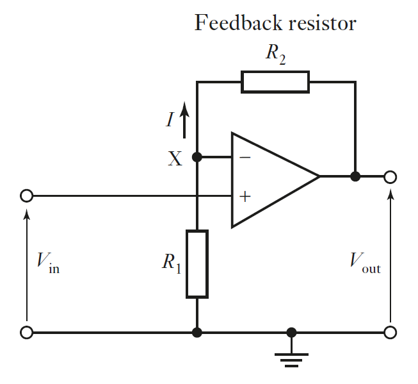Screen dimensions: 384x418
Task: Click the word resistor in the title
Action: click(x=324, y=24)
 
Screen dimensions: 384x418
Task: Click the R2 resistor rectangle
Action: click(x=275, y=82)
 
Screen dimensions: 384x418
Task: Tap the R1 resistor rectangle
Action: click(x=197, y=264)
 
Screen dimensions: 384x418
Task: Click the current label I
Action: click(x=170, y=120)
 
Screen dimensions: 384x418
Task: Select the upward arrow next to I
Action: click(x=184, y=121)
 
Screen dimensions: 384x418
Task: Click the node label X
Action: click(x=174, y=159)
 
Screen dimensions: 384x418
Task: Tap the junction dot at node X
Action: click(x=197, y=156)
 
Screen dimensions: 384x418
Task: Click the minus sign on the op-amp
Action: click(x=245, y=156)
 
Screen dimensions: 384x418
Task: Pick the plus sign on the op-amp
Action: click(x=244, y=196)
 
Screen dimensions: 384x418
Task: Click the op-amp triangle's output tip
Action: click(x=318, y=176)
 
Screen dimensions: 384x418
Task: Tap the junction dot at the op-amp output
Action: click(x=355, y=176)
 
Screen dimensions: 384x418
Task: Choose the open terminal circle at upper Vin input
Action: click(x=26, y=196)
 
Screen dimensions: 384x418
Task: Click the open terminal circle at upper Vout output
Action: click(x=390, y=176)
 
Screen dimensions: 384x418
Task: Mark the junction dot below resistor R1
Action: click(x=197, y=332)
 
